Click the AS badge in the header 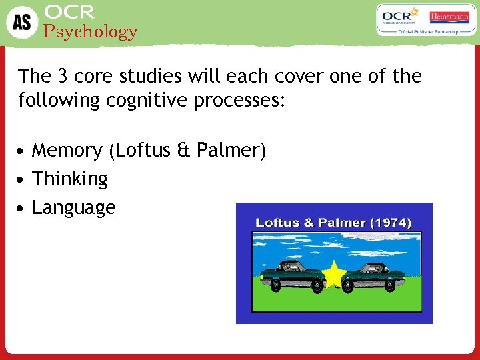point(22,23)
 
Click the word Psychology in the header point(90,31)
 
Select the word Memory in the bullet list point(67,151)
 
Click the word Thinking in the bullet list point(70,179)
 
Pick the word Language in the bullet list point(73,208)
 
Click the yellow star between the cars point(333,273)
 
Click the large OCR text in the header point(69,12)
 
